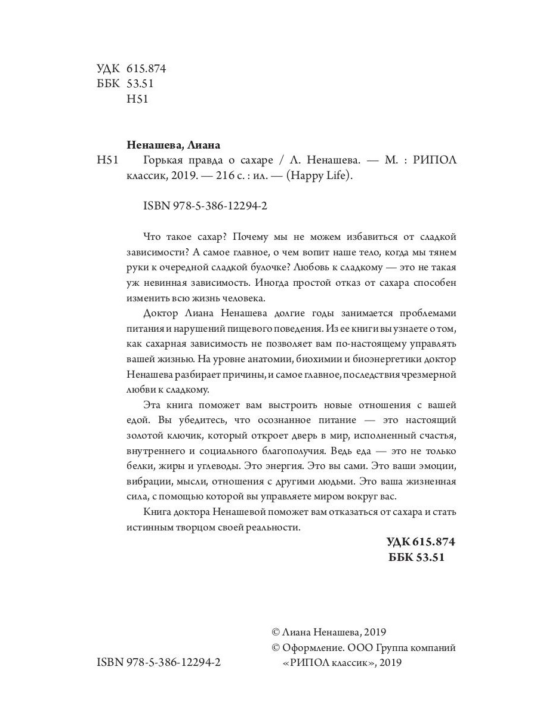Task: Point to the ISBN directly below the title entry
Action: (x=206, y=206)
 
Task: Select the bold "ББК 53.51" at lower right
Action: (x=416, y=557)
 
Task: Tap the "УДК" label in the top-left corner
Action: (x=107, y=69)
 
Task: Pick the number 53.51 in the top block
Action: (x=141, y=84)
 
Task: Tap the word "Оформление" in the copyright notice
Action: (x=311, y=647)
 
